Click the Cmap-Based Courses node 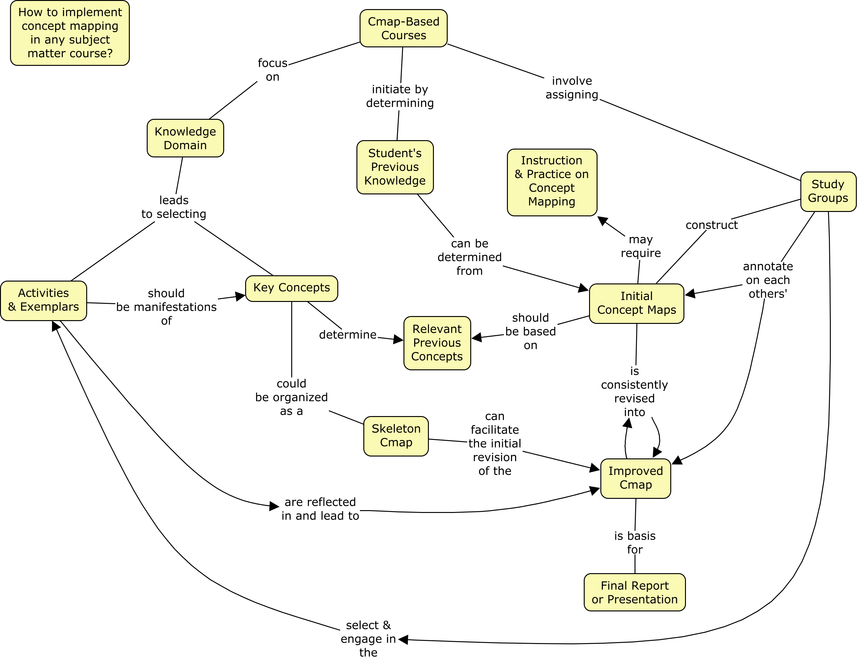[403, 28]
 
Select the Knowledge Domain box [185, 138]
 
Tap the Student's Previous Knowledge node [395, 167]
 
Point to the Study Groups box [828, 191]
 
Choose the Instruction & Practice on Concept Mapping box [552, 182]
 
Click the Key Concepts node [292, 288]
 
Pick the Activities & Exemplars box [44, 301]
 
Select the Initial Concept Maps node [636, 303]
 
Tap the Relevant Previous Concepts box [437, 343]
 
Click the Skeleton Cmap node [396, 436]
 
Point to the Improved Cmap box [635, 478]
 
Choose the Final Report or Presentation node [635, 592]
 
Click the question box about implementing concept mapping [70, 33]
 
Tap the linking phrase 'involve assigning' [572, 87]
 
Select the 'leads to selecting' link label [174, 207]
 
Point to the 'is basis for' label [635, 542]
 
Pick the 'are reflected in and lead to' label [320, 509]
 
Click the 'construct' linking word [712, 225]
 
